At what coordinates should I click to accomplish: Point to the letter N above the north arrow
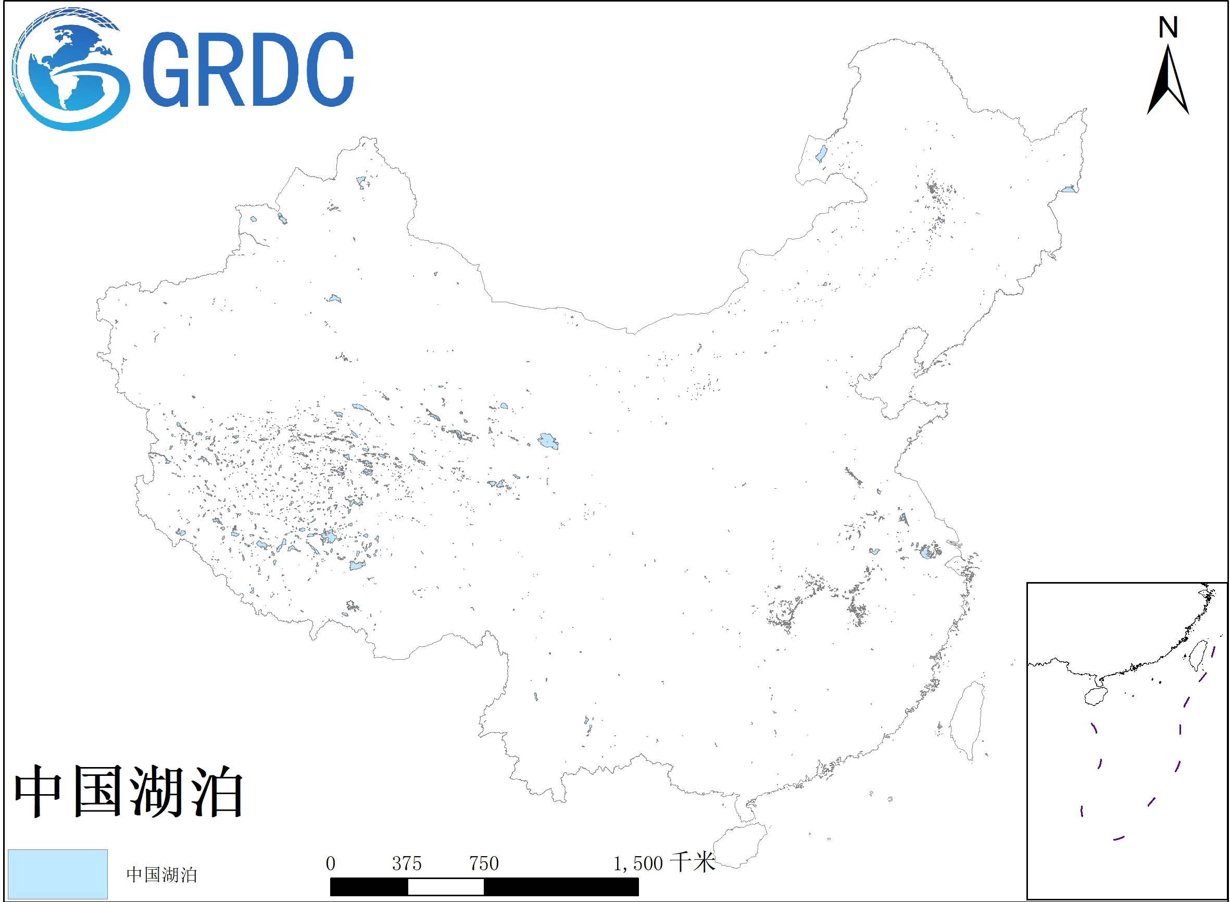click(x=1169, y=27)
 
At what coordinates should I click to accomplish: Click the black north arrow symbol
click(x=1169, y=82)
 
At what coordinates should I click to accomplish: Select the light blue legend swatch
click(x=57, y=874)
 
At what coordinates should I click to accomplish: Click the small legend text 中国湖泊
click(x=161, y=875)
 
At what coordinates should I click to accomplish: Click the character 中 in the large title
click(x=37, y=791)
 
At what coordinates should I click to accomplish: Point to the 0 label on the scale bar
click(x=331, y=863)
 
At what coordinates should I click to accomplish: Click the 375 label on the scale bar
click(x=407, y=863)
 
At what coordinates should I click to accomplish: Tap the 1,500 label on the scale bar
click(x=637, y=863)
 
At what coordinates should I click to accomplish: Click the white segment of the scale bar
click(x=446, y=887)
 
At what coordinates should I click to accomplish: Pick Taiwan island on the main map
click(x=968, y=720)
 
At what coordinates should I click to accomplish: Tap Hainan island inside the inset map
click(x=1096, y=696)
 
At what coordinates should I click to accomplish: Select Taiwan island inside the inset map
click(x=1197, y=655)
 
